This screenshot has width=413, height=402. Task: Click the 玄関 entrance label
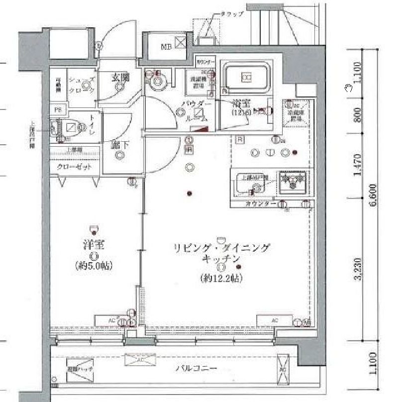coord(119,77)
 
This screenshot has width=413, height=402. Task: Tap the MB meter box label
coord(166,47)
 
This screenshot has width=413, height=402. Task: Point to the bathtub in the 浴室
coord(245,77)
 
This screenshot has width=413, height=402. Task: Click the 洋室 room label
coord(93,245)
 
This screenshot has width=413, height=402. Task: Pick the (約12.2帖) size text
coord(221,279)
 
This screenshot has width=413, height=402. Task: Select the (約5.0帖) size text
coord(93,265)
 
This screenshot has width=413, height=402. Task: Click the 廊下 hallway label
coord(119,145)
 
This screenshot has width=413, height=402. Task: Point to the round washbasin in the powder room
coord(158,81)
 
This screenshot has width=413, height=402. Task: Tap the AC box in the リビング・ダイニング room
coord(274,320)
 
